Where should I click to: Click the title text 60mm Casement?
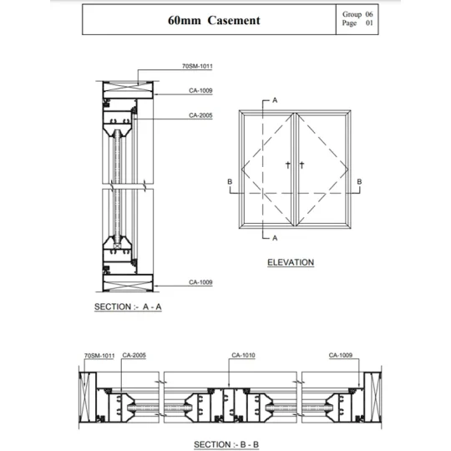pos(214,20)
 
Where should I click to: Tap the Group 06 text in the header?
pos(357,14)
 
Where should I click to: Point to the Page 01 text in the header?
pos(357,23)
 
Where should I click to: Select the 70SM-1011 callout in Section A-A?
pos(197,66)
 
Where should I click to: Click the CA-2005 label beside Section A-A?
pos(200,115)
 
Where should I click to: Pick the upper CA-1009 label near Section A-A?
pos(200,90)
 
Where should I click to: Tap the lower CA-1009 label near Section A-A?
pos(200,282)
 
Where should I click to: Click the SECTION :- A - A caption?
pos(128,307)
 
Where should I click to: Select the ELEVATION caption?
pos(291,262)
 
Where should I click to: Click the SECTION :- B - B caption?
pos(226,444)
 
